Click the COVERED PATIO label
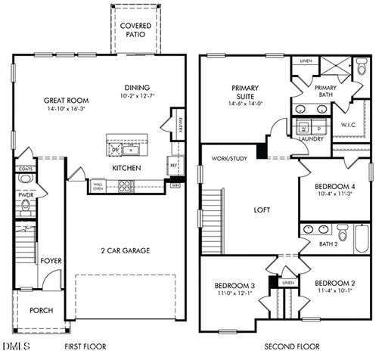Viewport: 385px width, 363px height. [x=136, y=30]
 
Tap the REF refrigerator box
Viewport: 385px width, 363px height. [x=173, y=164]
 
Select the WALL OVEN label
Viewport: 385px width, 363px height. [x=98, y=185]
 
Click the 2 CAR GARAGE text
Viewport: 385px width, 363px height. [x=125, y=250]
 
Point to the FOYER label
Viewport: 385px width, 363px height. [x=51, y=261]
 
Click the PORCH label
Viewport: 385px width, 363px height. [x=41, y=311]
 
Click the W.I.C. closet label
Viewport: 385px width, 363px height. [x=349, y=126]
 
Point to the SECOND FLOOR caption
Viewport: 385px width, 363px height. [x=291, y=347]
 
